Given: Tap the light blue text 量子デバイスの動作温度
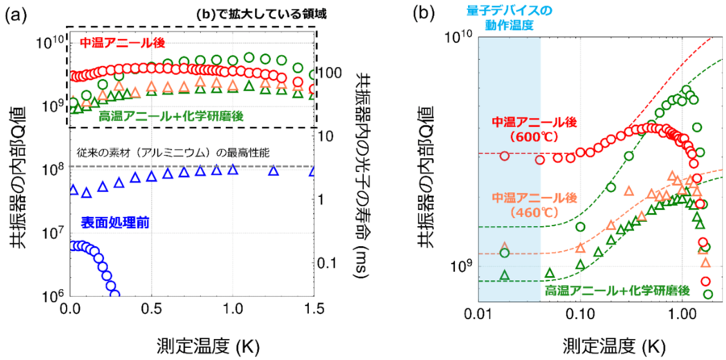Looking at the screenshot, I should pyautogui.click(x=509, y=17).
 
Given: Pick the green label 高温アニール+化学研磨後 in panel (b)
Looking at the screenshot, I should pyautogui.click(x=616, y=288).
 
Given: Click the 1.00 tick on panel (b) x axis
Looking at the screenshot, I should pyautogui.click(x=682, y=311).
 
